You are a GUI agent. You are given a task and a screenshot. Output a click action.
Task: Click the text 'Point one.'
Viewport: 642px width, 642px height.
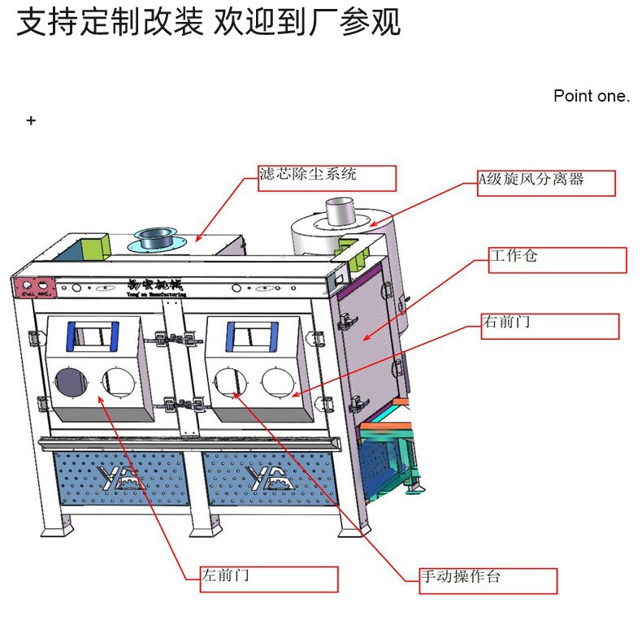click(x=591, y=96)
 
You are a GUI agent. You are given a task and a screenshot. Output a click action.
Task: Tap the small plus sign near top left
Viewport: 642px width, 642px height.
click(x=31, y=120)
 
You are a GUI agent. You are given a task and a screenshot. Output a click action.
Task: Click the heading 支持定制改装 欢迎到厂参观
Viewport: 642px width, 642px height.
click(x=209, y=23)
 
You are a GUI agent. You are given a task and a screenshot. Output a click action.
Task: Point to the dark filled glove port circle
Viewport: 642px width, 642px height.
click(x=72, y=380)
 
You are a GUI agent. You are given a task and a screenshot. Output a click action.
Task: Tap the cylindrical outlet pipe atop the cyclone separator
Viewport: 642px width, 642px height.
click(x=340, y=213)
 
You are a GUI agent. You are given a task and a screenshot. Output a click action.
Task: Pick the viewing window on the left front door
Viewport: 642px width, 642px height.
click(x=92, y=334)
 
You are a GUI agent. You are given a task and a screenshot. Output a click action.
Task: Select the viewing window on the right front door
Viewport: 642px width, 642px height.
click(x=248, y=333)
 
